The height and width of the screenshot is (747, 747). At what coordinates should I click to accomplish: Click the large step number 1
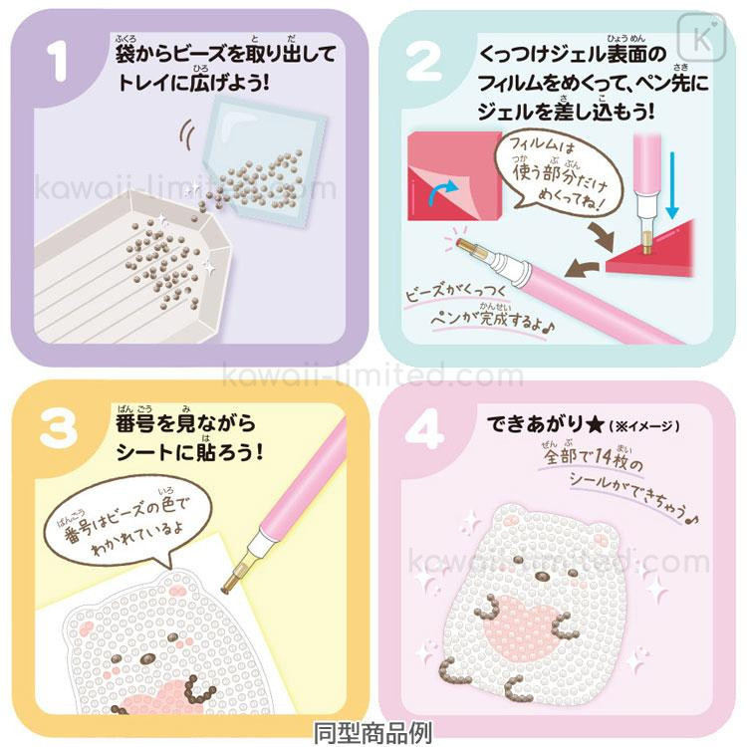point(58,62)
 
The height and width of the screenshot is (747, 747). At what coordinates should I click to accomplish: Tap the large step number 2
point(423,62)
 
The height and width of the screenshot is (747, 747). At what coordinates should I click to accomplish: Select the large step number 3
point(58,429)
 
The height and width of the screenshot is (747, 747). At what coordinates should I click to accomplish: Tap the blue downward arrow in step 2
point(672,185)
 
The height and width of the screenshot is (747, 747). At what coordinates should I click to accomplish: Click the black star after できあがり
point(595,424)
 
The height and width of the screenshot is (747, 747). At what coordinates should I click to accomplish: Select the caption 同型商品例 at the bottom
point(373,733)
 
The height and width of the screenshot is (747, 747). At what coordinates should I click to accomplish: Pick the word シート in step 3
point(143,452)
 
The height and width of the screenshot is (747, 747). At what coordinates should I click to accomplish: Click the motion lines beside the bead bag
point(187,135)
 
